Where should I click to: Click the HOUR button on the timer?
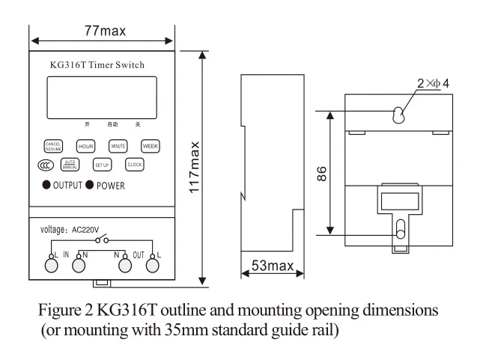click(x=85, y=146)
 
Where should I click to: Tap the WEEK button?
click(x=151, y=146)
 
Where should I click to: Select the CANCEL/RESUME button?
click(x=53, y=146)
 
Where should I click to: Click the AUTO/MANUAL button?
click(x=70, y=165)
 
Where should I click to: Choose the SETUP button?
click(x=102, y=165)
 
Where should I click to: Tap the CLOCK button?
click(x=134, y=165)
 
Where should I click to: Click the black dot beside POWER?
click(x=90, y=185)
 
